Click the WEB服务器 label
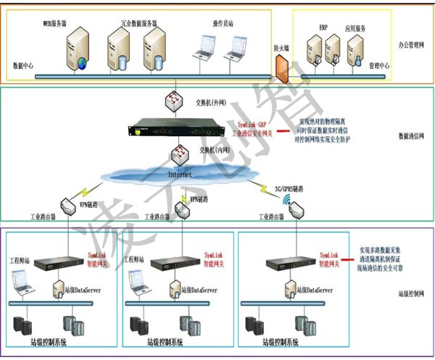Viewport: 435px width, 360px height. point(55,23)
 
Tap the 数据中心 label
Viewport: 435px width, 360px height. point(25,64)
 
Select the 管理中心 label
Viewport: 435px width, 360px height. point(379,65)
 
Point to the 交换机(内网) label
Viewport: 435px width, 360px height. point(212,150)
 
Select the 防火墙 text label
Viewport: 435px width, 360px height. point(282,48)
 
